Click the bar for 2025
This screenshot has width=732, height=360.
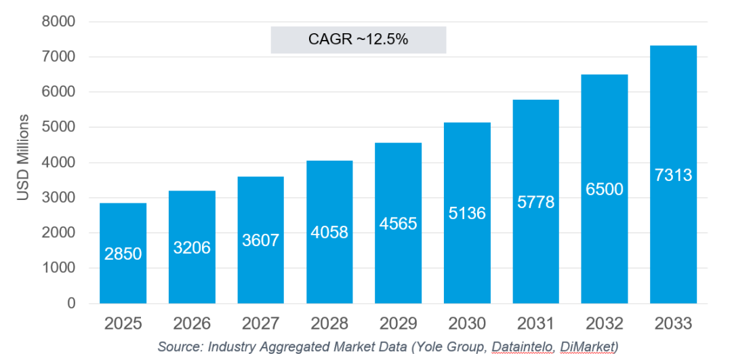coord(123,253)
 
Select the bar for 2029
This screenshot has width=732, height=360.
coord(399,223)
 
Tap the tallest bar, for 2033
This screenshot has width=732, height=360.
coord(673,175)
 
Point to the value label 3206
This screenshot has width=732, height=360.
coord(192,247)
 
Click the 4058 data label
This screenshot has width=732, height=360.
coord(329,232)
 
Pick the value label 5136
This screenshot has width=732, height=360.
coord(467,214)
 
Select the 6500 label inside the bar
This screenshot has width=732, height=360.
coord(605,189)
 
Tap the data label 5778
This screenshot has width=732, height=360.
coord(536,202)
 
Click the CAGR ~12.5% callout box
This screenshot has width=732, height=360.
coord(359,40)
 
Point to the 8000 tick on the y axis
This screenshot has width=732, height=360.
coord(59,22)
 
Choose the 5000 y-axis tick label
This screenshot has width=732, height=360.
coord(59,127)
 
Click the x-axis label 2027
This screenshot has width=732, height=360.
coord(260,323)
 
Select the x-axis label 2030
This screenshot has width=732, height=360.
coord(467,323)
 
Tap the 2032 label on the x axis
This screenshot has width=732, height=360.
coord(605,323)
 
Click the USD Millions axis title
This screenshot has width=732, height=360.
coord(23,157)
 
